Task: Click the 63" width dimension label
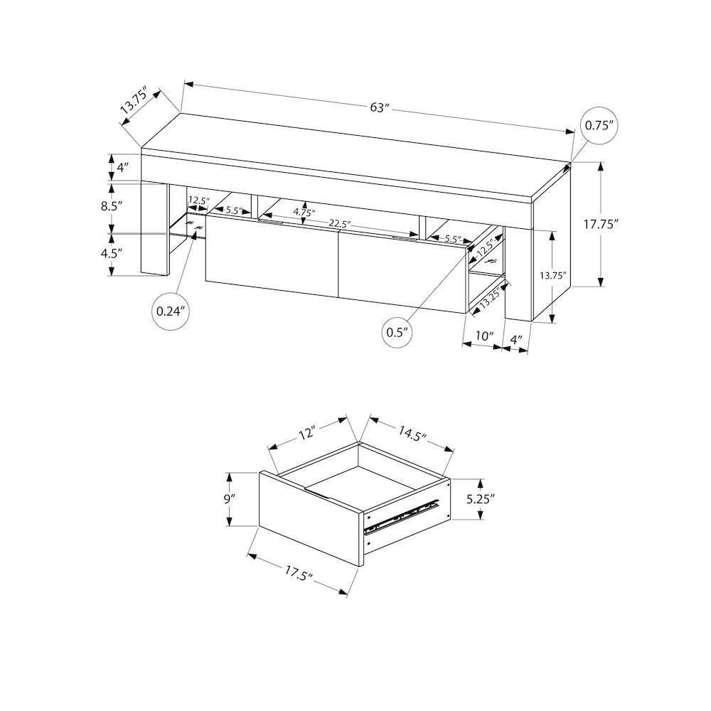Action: pyautogui.click(x=380, y=108)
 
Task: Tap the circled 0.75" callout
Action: pyautogui.click(x=599, y=126)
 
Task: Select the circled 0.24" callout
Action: pyautogui.click(x=171, y=311)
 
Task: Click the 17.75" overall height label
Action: pyautogui.click(x=601, y=224)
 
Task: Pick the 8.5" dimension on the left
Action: pyautogui.click(x=112, y=206)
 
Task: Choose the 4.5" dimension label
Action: pyautogui.click(x=112, y=253)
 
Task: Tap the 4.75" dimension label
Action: pyautogui.click(x=304, y=211)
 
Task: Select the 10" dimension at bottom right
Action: pyautogui.click(x=484, y=336)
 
